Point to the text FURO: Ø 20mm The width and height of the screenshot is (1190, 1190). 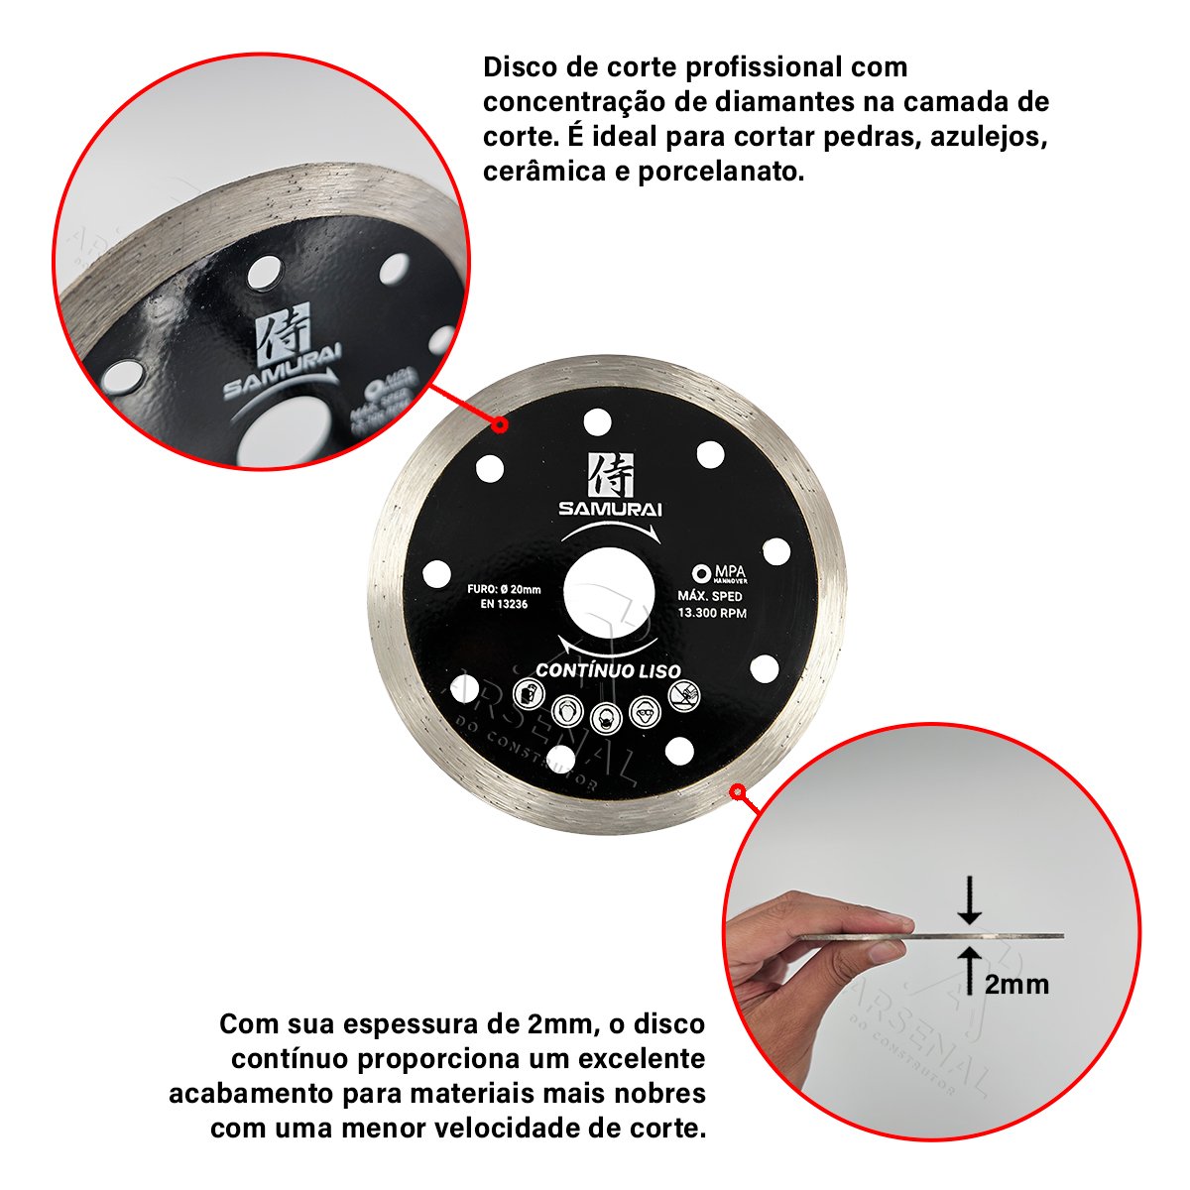(503, 588)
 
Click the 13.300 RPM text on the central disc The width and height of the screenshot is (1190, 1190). (711, 612)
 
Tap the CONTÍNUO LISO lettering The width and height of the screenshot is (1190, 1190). (608, 670)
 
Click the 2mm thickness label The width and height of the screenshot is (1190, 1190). (1016, 984)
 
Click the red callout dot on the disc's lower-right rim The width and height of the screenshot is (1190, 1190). (737, 791)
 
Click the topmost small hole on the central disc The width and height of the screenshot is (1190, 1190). (597, 422)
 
